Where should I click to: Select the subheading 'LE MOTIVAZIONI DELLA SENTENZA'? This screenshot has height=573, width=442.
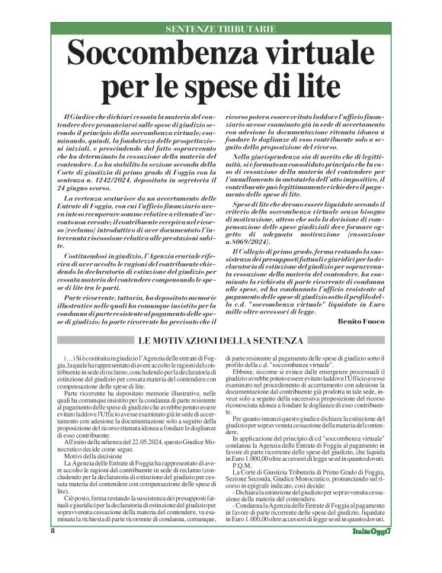click(221, 340)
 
